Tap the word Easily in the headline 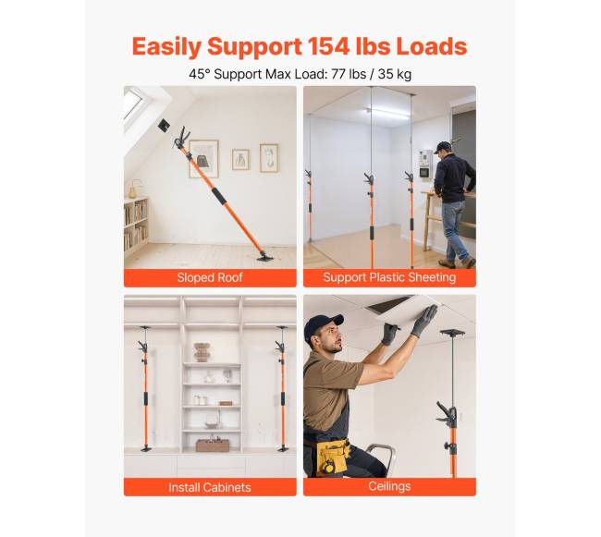(166, 47)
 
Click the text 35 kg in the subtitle (395, 74)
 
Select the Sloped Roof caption (210, 277)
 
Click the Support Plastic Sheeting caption (389, 277)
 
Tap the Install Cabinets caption (210, 487)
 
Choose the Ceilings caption (389, 486)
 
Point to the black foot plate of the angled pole (264, 259)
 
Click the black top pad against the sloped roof (164, 125)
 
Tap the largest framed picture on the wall (203, 159)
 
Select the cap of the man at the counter (443, 146)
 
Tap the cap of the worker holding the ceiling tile (322, 323)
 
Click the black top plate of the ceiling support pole (452, 333)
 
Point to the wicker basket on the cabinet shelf (213, 445)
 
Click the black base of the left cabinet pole (146, 449)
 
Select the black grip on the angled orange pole (219, 195)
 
